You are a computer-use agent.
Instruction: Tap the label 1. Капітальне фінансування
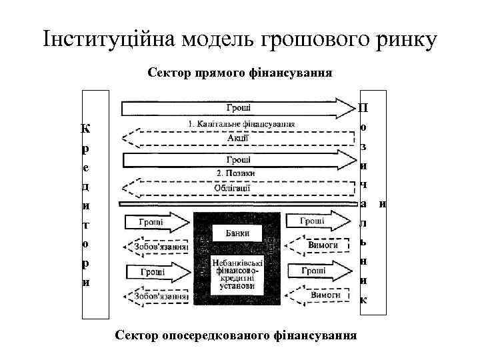click(241, 124)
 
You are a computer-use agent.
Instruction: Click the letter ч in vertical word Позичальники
click(363, 184)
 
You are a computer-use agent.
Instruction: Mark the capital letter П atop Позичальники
click(363, 107)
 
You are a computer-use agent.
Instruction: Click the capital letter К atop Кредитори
click(86, 127)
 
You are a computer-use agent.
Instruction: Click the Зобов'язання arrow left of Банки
click(158, 247)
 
